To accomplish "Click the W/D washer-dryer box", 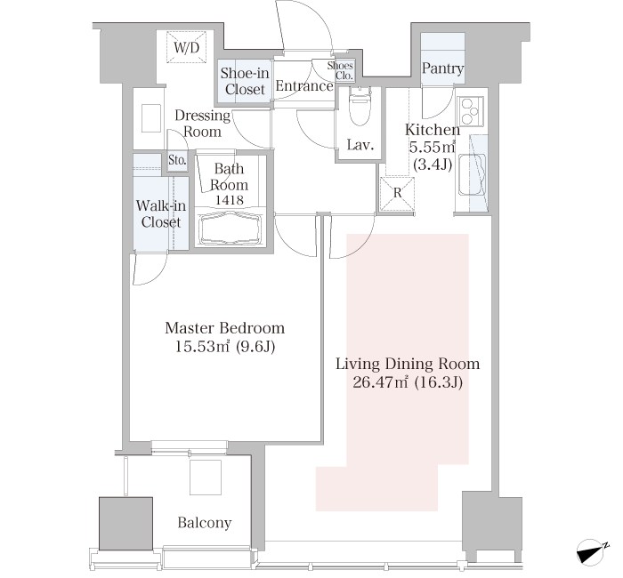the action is tap(187, 47).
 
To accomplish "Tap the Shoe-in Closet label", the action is tap(245, 81).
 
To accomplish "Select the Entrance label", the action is tap(304, 86).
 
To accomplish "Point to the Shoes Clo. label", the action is tap(341, 70).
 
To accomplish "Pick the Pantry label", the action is tap(442, 69).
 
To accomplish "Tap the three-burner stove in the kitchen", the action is tap(471, 110).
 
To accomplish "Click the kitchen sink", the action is tap(473, 175).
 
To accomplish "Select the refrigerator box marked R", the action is tap(397, 193).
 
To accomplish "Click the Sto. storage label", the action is tap(177, 161).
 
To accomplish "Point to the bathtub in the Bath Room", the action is tap(230, 229).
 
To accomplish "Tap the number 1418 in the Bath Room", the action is tap(230, 200).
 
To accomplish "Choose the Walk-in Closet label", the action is tap(161, 214).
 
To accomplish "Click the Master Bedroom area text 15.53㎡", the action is tap(202, 348).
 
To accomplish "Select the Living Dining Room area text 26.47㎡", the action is tap(381, 382).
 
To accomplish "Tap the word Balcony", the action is tap(205, 523).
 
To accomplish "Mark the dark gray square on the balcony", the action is tap(126, 523).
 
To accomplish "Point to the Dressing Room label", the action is tap(202, 124).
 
